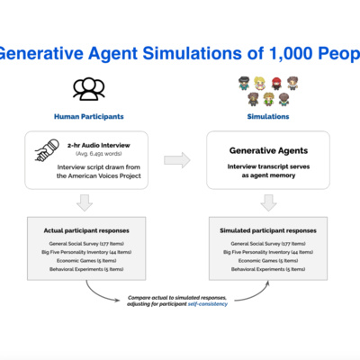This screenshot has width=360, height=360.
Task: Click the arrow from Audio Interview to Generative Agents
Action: click(180, 161)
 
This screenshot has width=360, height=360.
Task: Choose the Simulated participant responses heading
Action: click(268, 229)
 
